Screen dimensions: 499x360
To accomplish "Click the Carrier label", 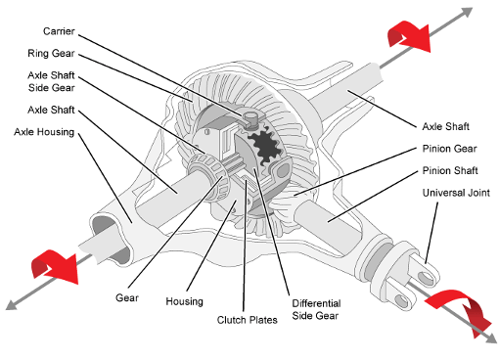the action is (x=59, y=31).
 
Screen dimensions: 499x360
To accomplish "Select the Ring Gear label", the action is (x=51, y=53).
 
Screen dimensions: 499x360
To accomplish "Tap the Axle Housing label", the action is (x=44, y=132).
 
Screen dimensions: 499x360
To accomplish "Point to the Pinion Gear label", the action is (x=449, y=149).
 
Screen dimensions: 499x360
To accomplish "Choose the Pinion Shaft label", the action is (x=450, y=170).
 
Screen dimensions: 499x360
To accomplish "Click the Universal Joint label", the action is (x=456, y=193).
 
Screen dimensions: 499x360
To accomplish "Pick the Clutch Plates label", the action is (x=247, y=320).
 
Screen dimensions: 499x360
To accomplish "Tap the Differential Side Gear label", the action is (x=316, y=309).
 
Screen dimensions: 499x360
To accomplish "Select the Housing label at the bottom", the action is (x=184, y=301).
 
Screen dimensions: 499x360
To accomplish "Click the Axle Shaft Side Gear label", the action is (x=51, y=81).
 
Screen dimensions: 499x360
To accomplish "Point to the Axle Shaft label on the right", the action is (x=445, y=126).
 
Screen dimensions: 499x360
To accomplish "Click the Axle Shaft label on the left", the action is (x=51, y=110).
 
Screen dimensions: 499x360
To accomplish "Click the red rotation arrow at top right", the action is (x=409, y=36).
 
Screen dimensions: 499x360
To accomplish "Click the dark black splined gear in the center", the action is (x=265, y=146).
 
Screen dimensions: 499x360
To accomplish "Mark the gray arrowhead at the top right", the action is (x=467, y=13).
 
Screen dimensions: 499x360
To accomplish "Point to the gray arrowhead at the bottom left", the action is (x=12, y=305).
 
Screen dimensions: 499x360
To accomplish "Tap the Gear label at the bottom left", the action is (x=127, y=297).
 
